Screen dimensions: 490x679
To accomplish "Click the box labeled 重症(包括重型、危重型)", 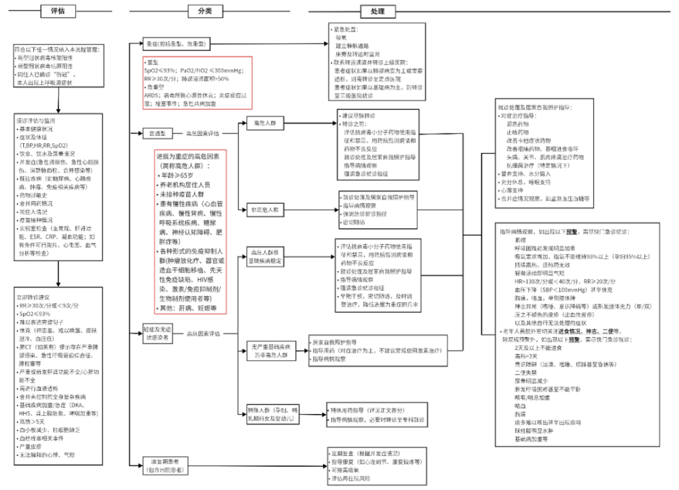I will click(173, 42).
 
